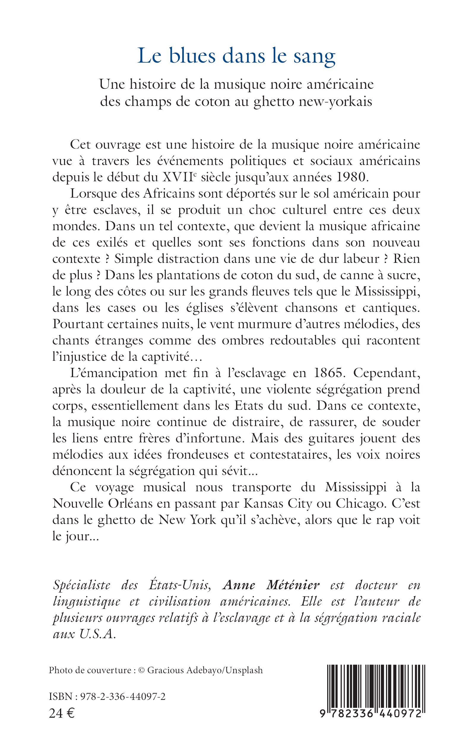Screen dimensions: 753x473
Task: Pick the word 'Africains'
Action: (x=169, y=193)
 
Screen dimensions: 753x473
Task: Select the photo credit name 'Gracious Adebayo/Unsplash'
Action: (x=205, y=670)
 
